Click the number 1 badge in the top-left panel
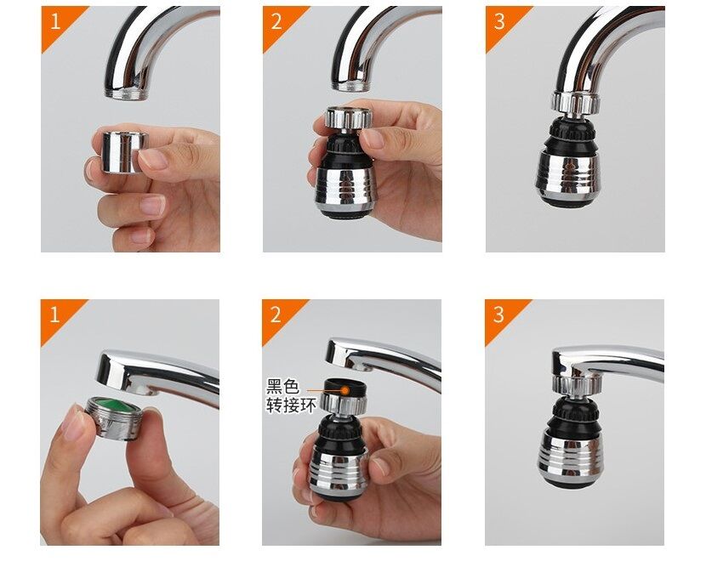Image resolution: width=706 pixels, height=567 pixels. [54, 21]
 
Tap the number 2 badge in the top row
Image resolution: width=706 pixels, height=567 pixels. [276, 21]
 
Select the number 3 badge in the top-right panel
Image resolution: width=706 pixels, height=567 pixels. [499, 21]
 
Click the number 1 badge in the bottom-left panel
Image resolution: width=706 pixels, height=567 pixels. [54, 315]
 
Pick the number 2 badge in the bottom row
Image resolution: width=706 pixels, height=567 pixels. [276, 315]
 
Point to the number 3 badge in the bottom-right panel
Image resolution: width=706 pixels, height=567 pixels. [498, 315]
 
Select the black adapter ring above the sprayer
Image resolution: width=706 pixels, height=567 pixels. [345, 388]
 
